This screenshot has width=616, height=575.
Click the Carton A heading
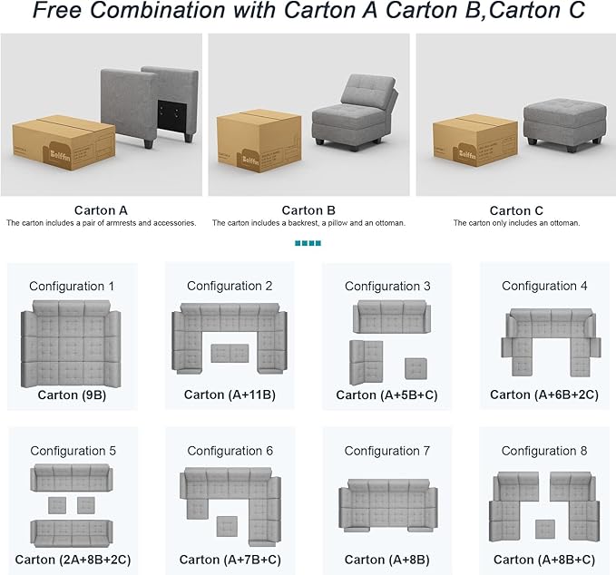(x=101, y=210)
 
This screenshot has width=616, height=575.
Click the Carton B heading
(x=308, y=210)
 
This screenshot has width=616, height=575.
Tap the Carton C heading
(x=516, y=211)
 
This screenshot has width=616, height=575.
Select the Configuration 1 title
(x=72, y=286)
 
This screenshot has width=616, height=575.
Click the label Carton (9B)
(x=72, y=395)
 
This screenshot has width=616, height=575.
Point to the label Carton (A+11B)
(x=230, y=395)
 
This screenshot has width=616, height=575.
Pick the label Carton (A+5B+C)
(x=387, y=395)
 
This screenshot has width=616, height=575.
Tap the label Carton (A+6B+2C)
(x=544, y=395)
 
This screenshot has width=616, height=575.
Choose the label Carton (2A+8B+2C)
(x=73, y=560)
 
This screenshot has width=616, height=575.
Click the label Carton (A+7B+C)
(x=230, y=560)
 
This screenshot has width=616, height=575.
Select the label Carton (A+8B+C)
(x=544, y=560)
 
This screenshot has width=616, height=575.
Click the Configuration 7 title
(x=387, y=451)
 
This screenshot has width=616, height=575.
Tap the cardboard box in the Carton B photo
(x=259, y=141)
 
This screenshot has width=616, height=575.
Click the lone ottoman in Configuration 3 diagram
(x=416, y=369)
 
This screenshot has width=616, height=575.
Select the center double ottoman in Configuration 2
(x=230, y=354)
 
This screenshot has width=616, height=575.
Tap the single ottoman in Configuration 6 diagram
(x=227, y=527)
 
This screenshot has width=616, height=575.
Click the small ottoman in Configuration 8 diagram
(x=545, y=530)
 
